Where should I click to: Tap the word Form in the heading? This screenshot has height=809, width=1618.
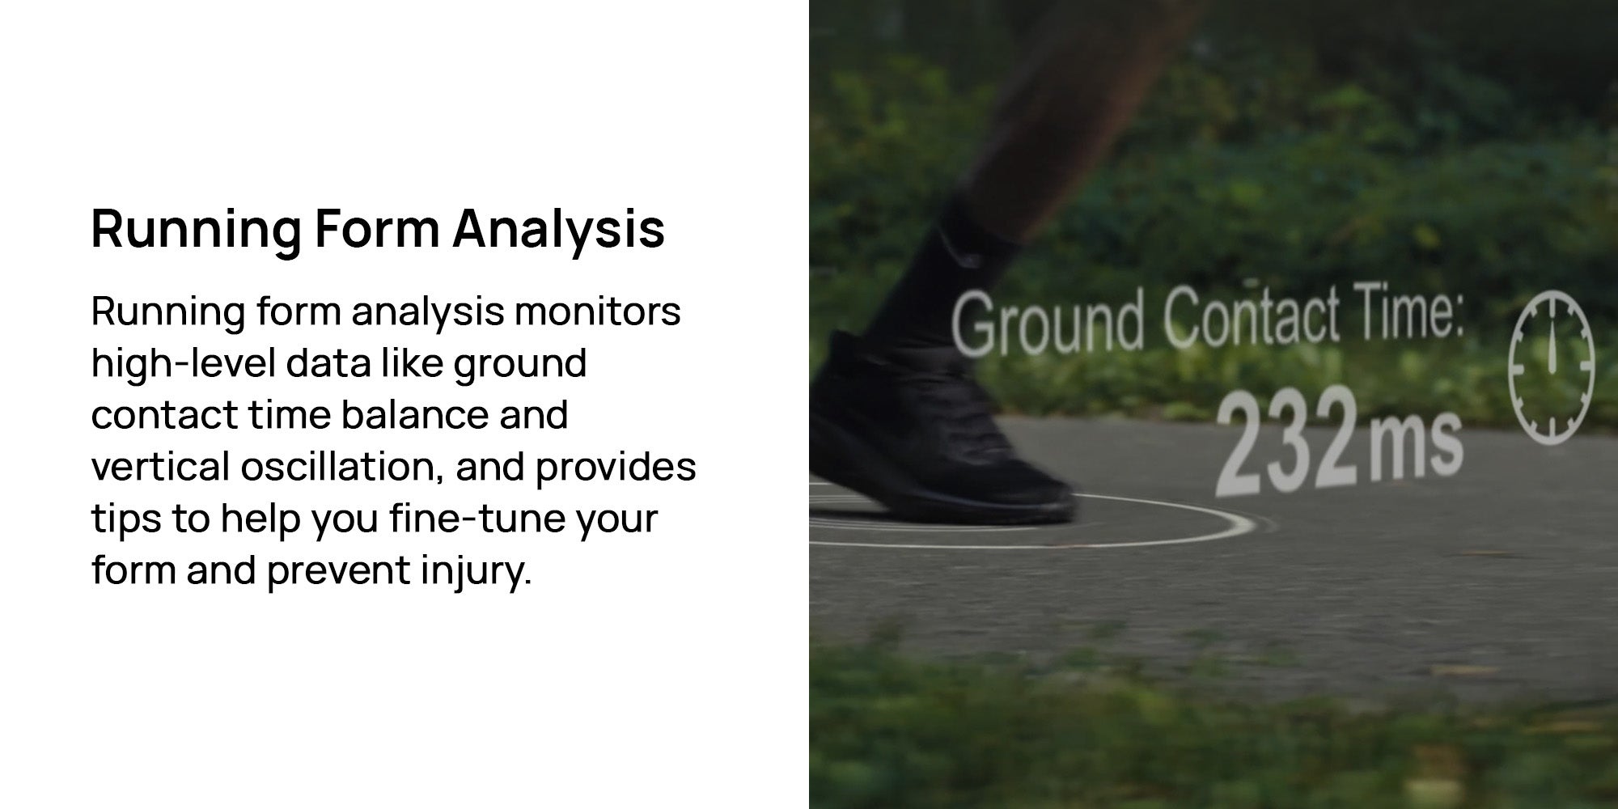tap(377, 228)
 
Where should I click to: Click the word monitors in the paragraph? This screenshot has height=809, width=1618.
tap(597, 312)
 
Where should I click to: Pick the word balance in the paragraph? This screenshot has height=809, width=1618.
tap(414, 416)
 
